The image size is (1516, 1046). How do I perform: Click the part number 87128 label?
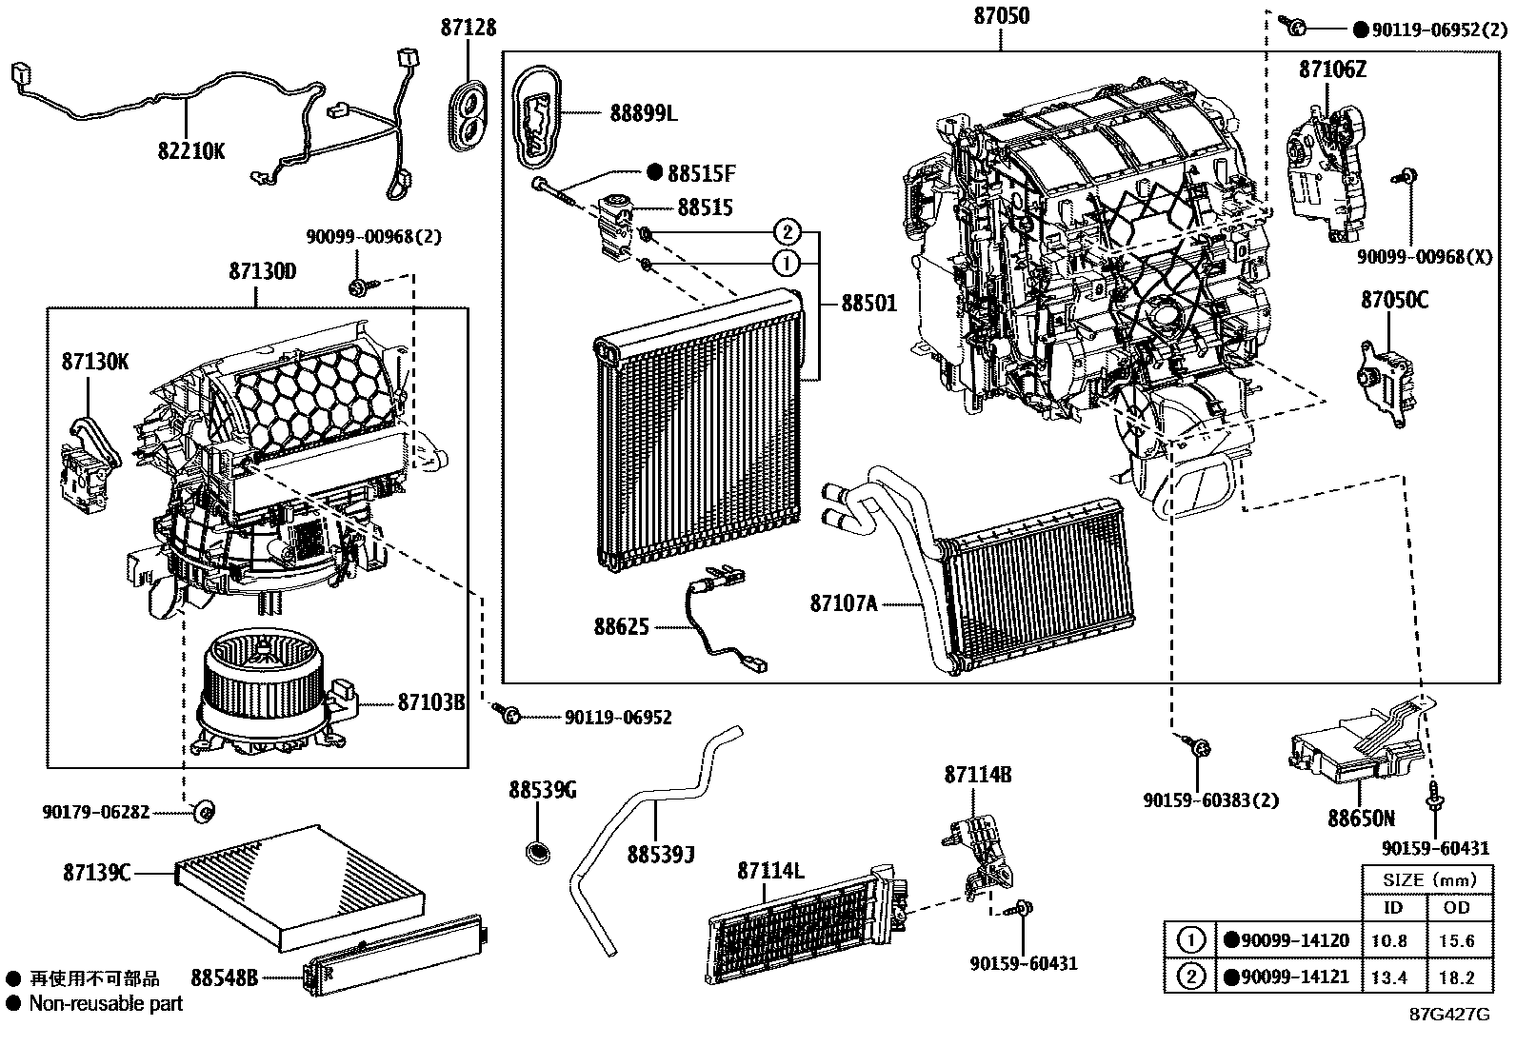point(468,28)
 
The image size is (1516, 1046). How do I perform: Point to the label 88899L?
point(644,114)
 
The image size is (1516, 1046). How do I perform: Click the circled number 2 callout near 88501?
point(786,230)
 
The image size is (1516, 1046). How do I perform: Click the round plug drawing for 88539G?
point(540,850)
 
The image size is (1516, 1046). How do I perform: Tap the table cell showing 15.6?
point(1457,940)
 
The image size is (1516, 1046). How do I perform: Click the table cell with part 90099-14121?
point(1286,976)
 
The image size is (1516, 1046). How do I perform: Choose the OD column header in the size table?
point(1456,907)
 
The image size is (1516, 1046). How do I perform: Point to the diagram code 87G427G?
point(1449,1015)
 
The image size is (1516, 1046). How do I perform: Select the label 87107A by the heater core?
point(843,602)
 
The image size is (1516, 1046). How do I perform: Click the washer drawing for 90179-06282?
point(203,811)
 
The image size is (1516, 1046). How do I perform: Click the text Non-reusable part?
point(105,1002)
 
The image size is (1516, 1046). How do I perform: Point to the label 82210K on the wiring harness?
point(191,149)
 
